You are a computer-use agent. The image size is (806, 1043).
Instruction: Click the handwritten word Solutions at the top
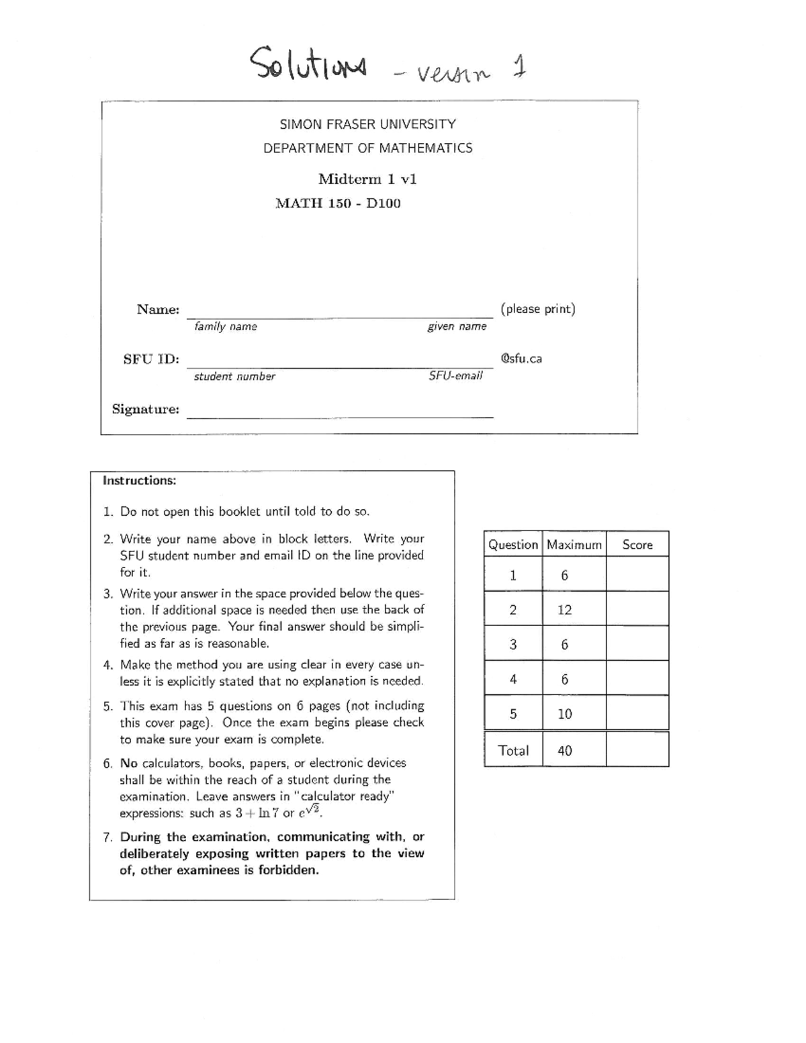[308, 66]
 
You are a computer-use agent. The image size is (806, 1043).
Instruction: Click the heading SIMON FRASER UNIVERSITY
[367, 124]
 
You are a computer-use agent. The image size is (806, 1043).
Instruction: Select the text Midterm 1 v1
[367, 179]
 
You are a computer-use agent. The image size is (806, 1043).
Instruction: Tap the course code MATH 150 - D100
[338, 203]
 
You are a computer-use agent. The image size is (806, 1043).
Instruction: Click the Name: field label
[158, 310]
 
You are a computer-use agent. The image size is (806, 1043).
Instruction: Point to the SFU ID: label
[151, 359]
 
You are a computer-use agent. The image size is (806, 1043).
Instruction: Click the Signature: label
[145, 409]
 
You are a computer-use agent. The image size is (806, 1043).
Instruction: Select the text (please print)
[537, 309]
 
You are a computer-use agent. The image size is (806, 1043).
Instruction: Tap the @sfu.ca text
[521, 359]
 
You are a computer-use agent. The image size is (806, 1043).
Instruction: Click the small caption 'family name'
[226, 326]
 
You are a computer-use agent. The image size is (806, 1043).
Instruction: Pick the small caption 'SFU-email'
[455, 376]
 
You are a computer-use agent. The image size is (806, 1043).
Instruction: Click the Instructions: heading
[139, 480]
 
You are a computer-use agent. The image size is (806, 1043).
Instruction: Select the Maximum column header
[574, 545]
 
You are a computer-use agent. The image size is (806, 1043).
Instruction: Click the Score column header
[637, 545]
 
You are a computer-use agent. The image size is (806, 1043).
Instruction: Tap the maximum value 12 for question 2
[564, 610]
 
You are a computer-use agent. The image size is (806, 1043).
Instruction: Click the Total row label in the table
[513, 750]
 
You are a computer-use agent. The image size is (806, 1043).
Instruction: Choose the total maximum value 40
[564, 751]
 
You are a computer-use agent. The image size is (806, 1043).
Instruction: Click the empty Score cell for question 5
[637, 713]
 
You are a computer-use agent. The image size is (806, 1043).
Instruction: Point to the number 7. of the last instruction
[107, 837]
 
